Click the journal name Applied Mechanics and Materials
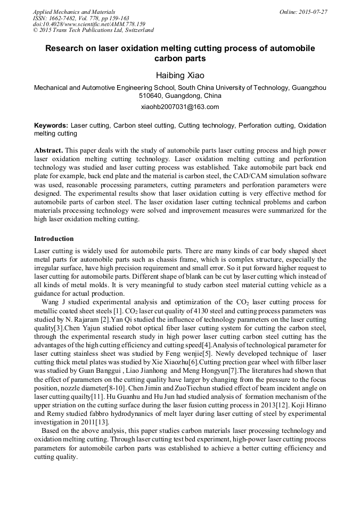[x=74, y=12]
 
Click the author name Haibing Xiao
[x=180, y=76]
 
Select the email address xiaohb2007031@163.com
[x=180, y=107]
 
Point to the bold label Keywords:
[x=51, y=126]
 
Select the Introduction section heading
[x=54, y=238]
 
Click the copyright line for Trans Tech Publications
[x=93, y=30]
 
